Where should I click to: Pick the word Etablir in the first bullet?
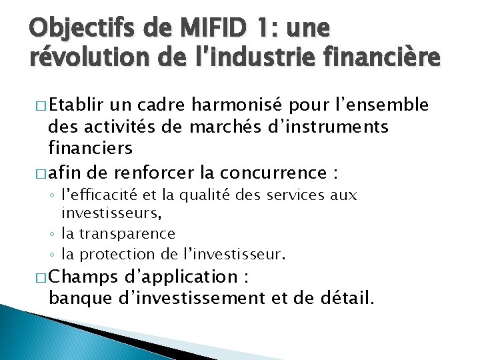74,105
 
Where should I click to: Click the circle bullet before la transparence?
53,234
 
